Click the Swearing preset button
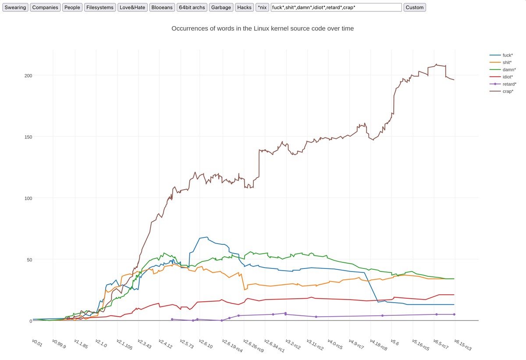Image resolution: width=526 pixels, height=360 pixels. [15, 7]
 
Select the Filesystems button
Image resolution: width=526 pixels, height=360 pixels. [100, 7]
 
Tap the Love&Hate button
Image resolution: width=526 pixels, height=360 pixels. [132, 7]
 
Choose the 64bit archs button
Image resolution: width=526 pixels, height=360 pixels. [192, 7]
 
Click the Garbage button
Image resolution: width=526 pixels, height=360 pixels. [221, 7]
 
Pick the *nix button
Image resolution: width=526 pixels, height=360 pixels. [262, 7]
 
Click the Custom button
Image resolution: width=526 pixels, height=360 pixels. [414, 7]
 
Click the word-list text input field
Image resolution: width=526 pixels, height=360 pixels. [336, 7]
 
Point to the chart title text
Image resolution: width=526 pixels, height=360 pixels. [263, 28]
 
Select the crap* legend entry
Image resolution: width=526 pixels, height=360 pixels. [506, 91]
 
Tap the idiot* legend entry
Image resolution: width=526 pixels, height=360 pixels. [507, 77]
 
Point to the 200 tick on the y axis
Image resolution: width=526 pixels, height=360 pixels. [28, 75]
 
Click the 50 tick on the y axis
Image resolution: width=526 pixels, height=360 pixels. [29, 259]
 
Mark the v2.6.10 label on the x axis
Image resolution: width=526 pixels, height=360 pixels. [206, 343]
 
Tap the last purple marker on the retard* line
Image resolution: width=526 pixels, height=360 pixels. [454, 314]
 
